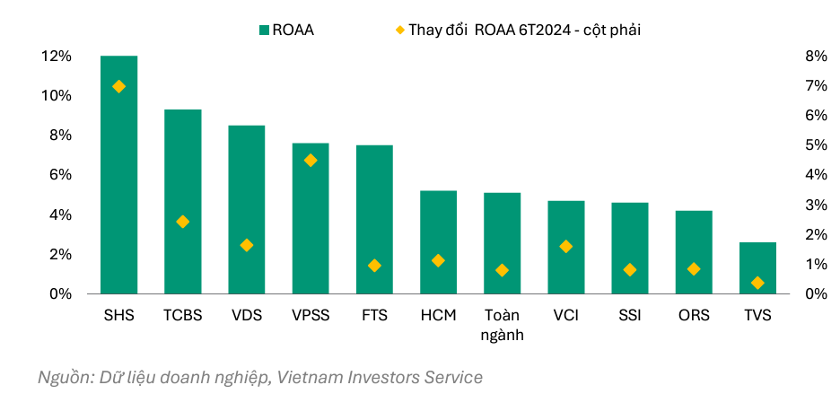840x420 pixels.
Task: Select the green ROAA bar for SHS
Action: coord(118,175)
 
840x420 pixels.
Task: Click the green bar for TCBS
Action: coord(182,202)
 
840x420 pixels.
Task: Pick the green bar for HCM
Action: coord(438,242)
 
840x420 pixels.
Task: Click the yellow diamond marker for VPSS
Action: coord(311,161)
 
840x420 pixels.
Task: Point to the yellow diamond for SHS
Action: coord(118,86)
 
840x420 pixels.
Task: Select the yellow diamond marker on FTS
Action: coord(374,266)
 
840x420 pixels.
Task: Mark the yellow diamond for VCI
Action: coord(566,246)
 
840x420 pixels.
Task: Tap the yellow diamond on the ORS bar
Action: coord(694,269)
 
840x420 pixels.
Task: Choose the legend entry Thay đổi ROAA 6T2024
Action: coord(523,30)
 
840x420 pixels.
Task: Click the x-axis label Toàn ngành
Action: coord(502,325)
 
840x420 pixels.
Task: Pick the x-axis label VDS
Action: coord(246,316)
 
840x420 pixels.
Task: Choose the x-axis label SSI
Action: coord(630,316)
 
